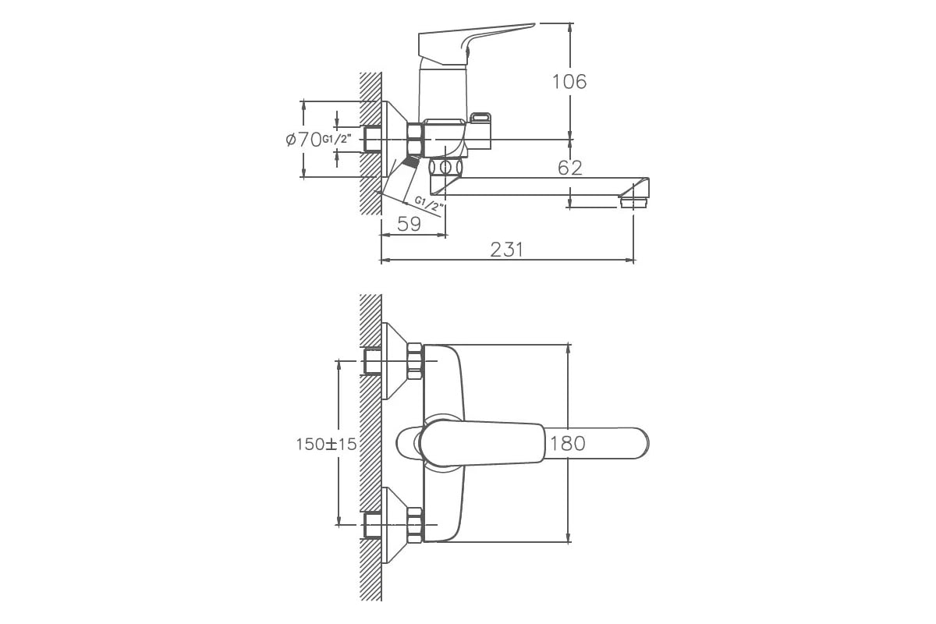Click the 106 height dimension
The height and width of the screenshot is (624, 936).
click(569, 82)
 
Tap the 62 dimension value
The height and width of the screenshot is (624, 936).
click(570, 168)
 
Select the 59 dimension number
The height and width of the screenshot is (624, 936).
click(409, 225)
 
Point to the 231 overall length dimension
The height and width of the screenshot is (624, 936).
click(506, 250)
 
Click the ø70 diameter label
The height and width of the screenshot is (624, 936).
click(303, 140)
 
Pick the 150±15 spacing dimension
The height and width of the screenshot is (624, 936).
click(326, 445)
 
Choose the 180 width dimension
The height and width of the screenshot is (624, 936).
click(568, 444)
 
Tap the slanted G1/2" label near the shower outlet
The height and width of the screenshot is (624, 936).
click(429, 204)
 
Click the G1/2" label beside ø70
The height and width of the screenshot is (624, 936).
click(335, 139)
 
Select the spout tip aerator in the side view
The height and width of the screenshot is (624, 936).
click(634, 203)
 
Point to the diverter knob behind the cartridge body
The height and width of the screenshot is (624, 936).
click(480, 130)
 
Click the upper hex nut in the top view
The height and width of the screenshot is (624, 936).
click(414, 361)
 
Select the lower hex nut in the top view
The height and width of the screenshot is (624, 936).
click(414, 526)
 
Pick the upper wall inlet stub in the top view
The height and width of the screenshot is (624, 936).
click(373, 361)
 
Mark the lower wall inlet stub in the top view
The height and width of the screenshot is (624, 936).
click(373, 526)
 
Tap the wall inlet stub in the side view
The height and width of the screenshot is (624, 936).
click(373, 140)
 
